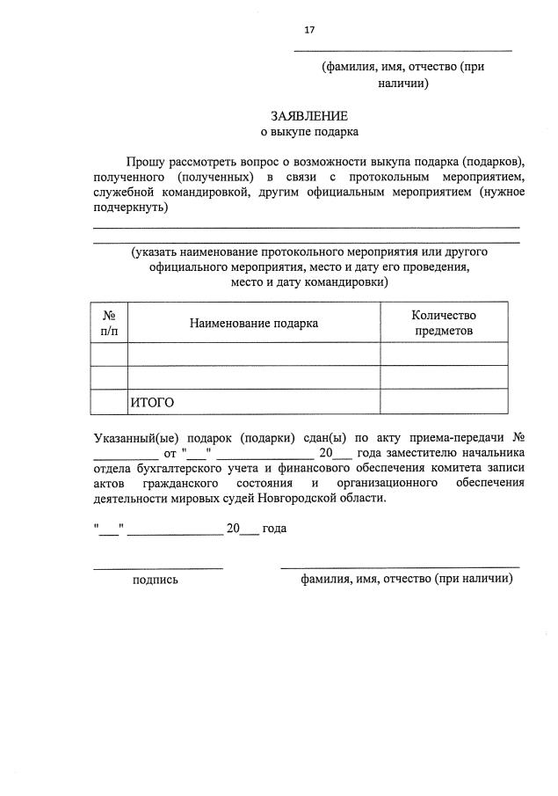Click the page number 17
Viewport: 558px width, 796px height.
(309, 30)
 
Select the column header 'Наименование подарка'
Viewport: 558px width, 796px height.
(253, 323)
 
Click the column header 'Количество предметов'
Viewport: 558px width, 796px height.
(443, 323)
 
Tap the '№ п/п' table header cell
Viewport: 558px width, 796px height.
(110, 323)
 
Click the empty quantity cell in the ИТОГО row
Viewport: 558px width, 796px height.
(443, 402)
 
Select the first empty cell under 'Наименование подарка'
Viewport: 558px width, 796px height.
(253, 354)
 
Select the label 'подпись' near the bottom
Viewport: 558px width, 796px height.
(155, 580)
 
